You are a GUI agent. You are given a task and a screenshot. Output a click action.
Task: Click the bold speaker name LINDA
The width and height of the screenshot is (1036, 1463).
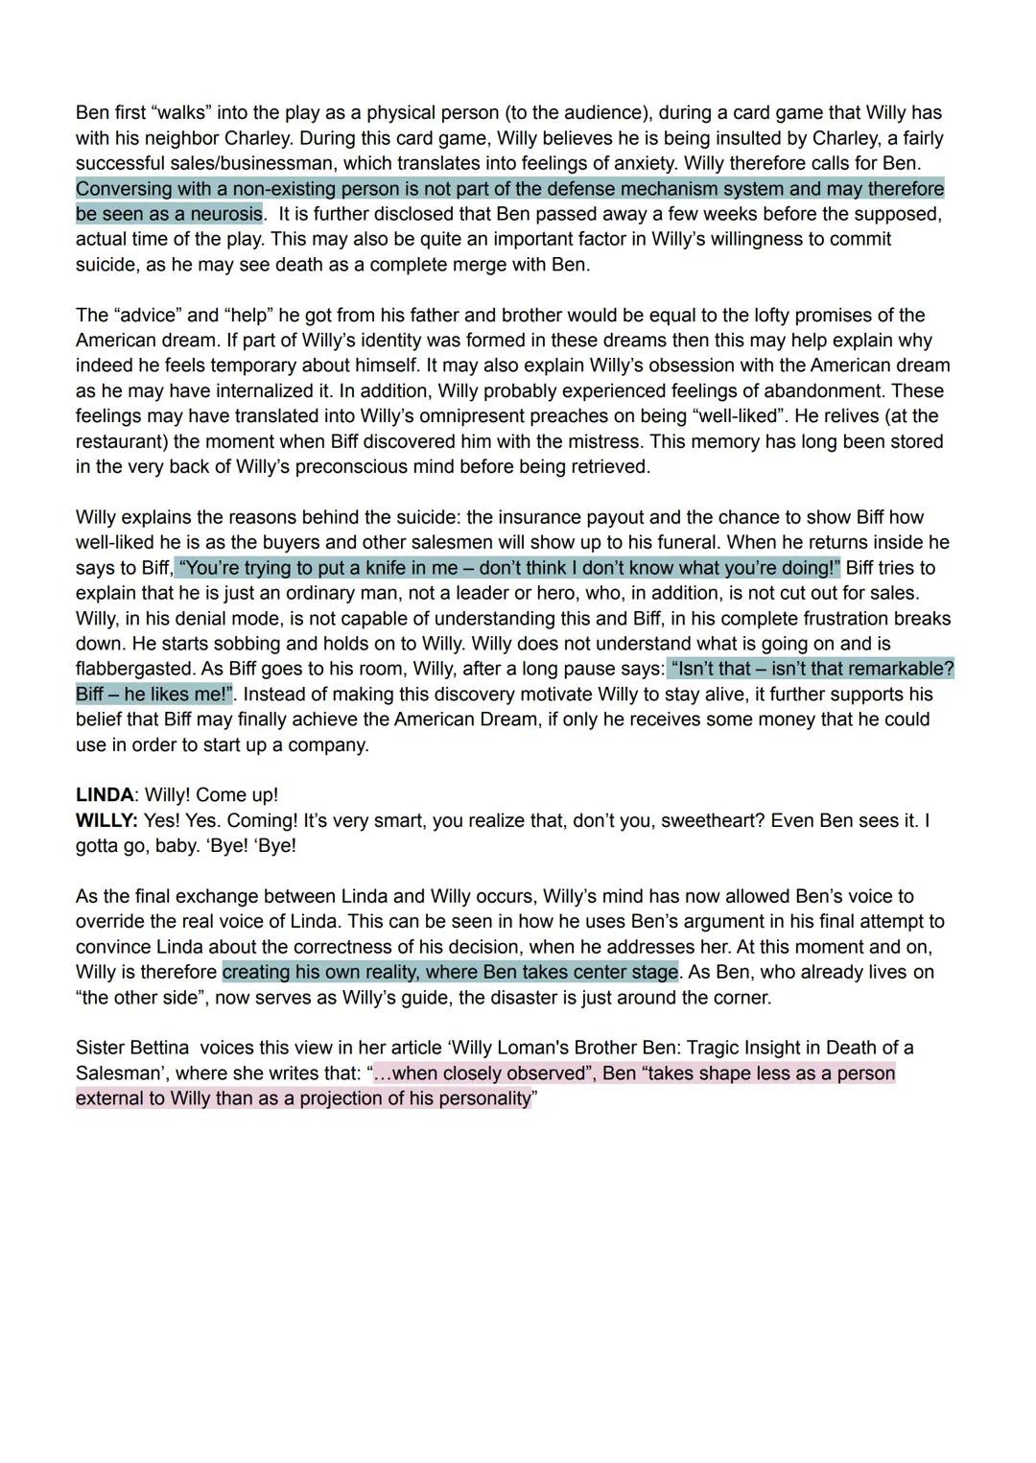[105, 795]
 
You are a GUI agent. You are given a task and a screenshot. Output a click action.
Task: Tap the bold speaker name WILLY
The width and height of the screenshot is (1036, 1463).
[106, 821]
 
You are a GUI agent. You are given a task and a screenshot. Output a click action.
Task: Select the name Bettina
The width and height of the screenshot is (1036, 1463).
[158, 1048]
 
